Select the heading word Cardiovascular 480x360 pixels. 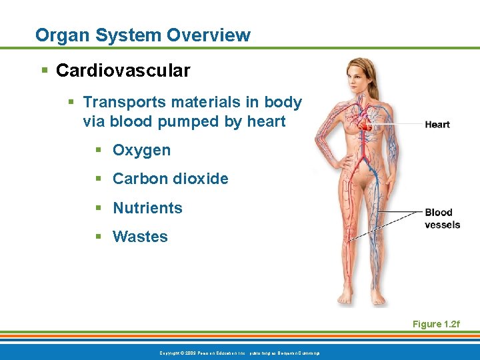(x=123, y=70)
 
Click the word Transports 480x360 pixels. (x=123, y=103)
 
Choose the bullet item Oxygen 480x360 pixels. (x=141, y=151)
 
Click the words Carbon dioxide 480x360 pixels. (x=170, y=179)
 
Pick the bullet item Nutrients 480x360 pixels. (x=147, y=208)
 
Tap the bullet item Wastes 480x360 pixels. (x=140, y=237)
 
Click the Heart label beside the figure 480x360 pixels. (x=437, y=125)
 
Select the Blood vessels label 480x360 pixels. (x=442, y=219)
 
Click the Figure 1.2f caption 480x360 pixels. (x=436, y=324)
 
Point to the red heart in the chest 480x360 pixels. (x=364, y=123)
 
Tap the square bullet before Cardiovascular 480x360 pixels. (x=44, y=71)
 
